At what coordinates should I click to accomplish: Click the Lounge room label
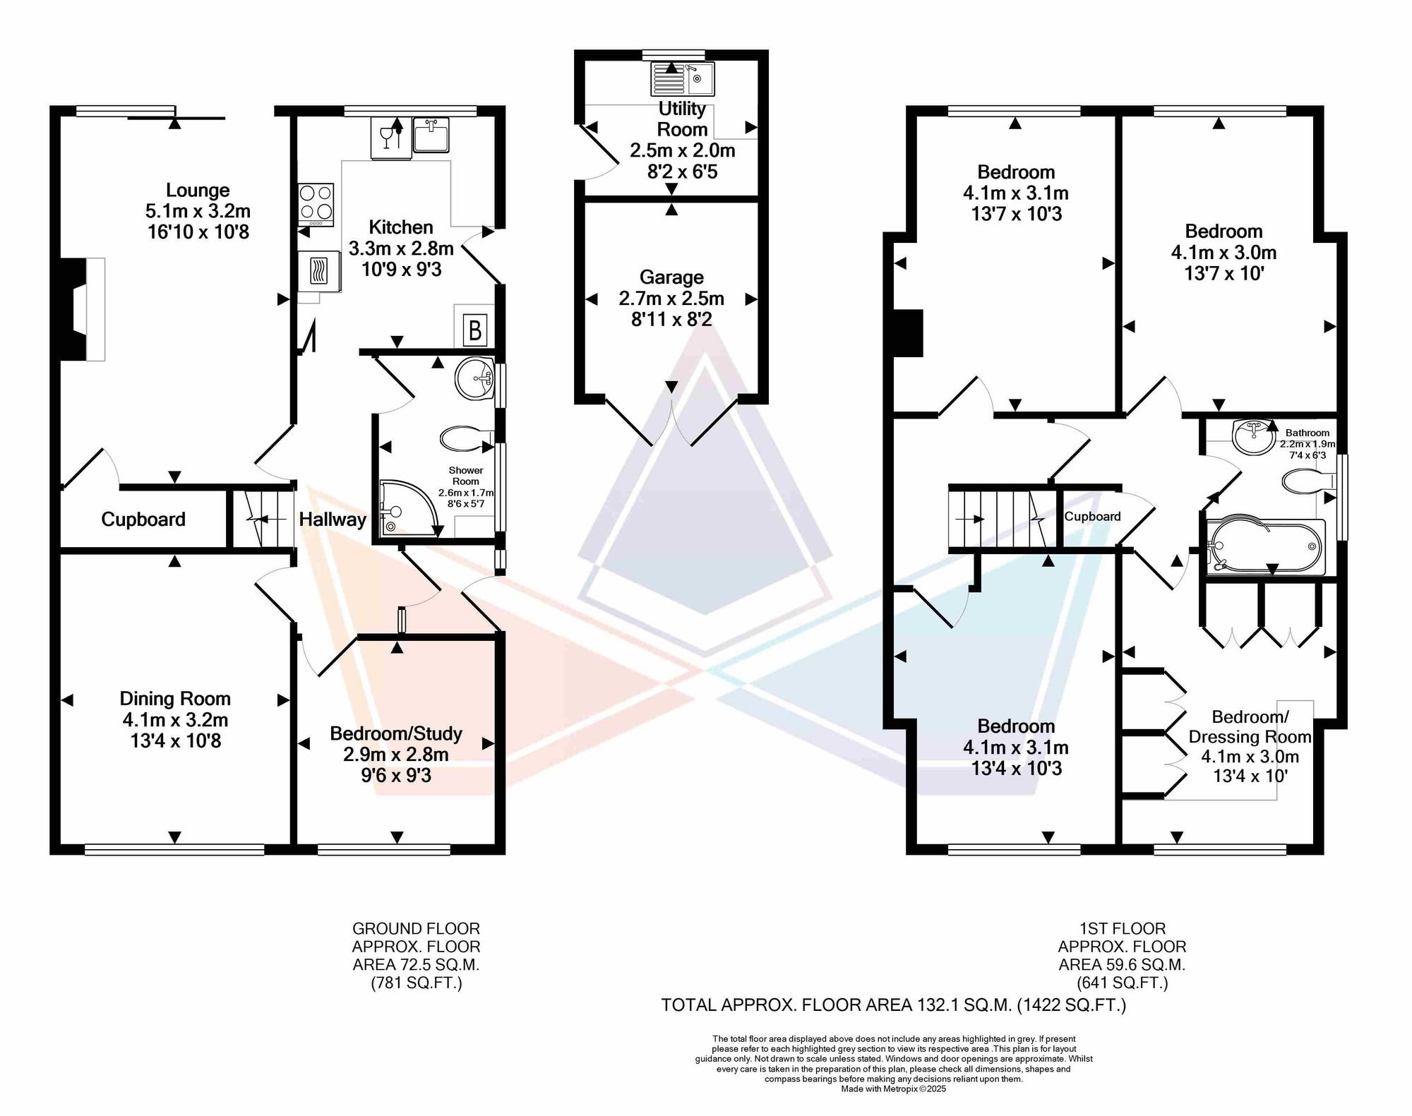click(198, 190)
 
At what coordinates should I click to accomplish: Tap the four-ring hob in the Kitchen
click(316, 205)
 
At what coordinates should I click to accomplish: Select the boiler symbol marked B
click(475, 330)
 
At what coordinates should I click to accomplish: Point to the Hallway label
click(333, 520)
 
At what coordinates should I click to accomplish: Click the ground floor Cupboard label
click(143, 520)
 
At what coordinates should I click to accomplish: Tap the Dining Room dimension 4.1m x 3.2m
click(175, 720)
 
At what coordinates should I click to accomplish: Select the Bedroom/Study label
click(396, 733)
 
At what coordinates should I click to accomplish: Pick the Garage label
click(671, 277)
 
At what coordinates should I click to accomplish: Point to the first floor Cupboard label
click(1092, 516)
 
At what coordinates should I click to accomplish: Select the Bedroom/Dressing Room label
click(1250, 727)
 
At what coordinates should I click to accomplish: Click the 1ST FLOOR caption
click(1122, 928)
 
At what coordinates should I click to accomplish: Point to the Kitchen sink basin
click(431, 135)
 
